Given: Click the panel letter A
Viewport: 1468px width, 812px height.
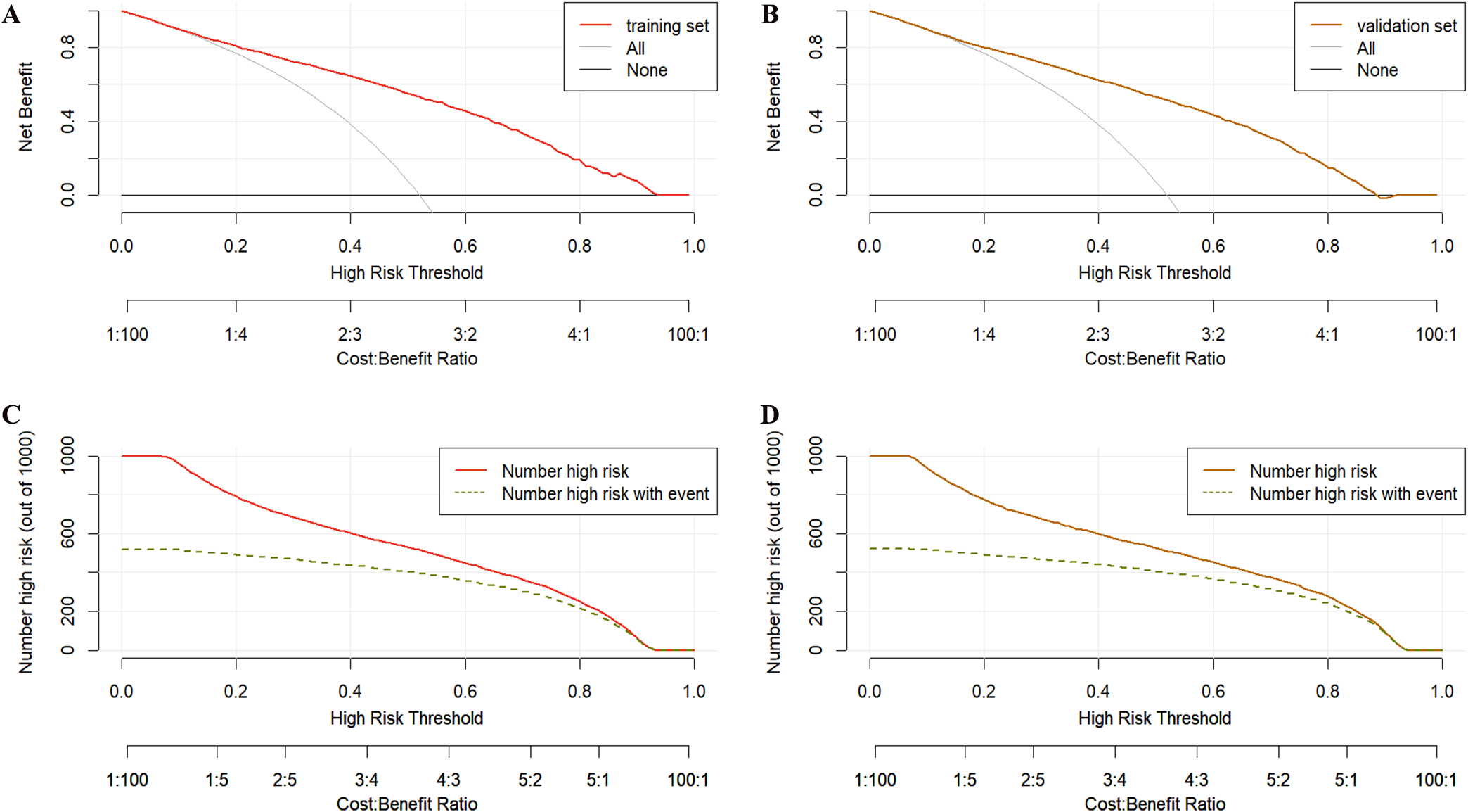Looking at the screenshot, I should pyautogui.click(x=11, y=14).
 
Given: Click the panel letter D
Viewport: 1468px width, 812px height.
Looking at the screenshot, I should pyautogui.click(x=770, y=414).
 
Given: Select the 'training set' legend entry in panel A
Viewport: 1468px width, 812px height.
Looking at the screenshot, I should pyautogui.click(x=667, y=26).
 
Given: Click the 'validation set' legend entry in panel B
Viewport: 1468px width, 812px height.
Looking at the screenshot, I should pyautogui.click(x=1406, y=26).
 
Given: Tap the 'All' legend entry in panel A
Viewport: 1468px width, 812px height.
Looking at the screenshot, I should pyautogui.click(x=635, y=49).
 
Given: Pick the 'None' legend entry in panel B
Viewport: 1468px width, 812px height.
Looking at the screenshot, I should pyautogui.click(x=1377, y=70).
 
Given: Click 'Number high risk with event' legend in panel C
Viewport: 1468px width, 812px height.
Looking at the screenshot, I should pyautogui.click(x=605, y=494).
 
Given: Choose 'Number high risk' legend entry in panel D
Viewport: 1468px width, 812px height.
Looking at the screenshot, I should pyautogui.click(x=1313, y=471).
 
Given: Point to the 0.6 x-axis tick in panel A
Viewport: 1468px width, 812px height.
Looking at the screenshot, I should pyautogui.click(x=465, y=246).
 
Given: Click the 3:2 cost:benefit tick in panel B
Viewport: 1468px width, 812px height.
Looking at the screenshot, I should pyautogui.click(x=1213, y=334).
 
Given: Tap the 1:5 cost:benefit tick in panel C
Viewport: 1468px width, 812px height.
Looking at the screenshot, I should pyautogui.click(x=217, y=780).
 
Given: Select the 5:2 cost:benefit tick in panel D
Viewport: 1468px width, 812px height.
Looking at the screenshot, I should pyautogui.click(x=1278, y=780).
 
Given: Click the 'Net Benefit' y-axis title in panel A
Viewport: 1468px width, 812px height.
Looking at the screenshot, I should pyautogui.click(x=26, y=107).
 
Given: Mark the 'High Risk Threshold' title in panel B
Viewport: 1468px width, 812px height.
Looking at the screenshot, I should pyautogui.click(x=1154, y=273).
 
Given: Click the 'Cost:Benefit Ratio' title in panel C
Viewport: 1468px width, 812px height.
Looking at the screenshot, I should pyautogui.click(x=406, y=804).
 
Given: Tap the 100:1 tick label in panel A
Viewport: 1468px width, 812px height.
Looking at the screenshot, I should pyautogui.click(x=688, y=334).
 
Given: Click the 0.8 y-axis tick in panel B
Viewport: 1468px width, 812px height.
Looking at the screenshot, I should pyautogui.click(x=815, y=48).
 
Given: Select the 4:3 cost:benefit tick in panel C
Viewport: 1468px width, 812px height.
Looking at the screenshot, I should pyautogui.click(x=448, y=780).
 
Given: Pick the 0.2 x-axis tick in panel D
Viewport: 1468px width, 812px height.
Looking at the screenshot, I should pyautogui.click(x=984, y=692).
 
